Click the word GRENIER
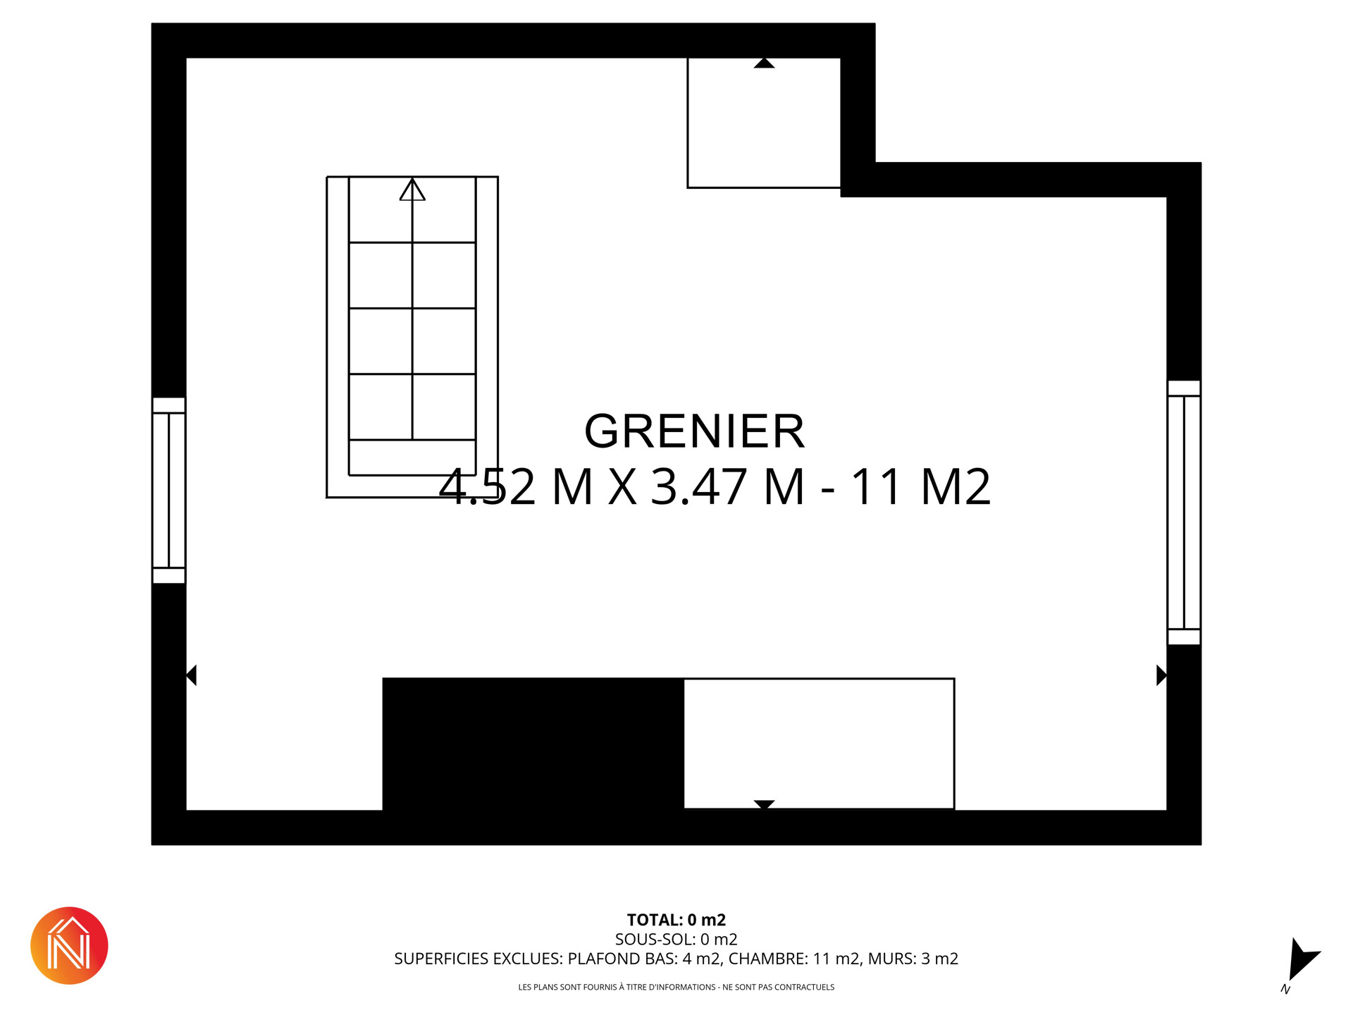(x=694, y=431)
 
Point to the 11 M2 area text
(x=921, y=486)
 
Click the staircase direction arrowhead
(x=412, y=190)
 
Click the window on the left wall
(x=169, y=491)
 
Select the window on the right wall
(x=1184, y=512)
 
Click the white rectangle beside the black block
(x=819, y=744)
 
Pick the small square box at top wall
(x=764, y=123)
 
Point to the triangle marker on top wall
(x=764, y=63)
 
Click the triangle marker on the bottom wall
(x=764, y=805)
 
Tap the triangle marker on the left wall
(x=192, y=675)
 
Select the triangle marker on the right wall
(x=1161, y=675)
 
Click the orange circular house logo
(x=69, y=946)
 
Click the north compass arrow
(x=1301, y=961)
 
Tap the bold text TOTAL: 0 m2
(x=676, y=920)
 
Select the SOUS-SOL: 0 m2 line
(x=676, y=940)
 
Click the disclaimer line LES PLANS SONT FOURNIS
(x=676, y=988)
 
